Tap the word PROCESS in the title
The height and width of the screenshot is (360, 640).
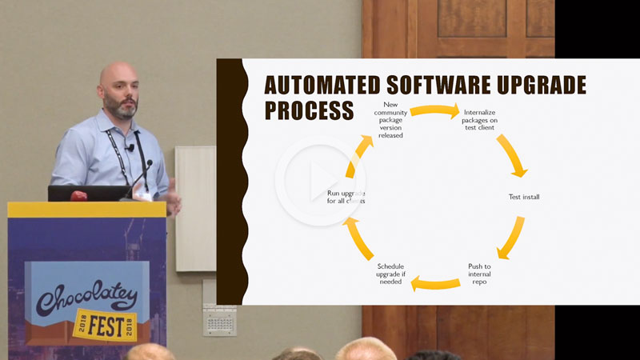pyautogui.click(x=309, y=110)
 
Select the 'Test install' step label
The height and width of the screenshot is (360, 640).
pyautogui.click(x=524, y=197)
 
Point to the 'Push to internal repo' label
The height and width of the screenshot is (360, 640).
pyautogui.click(x=479, y=274)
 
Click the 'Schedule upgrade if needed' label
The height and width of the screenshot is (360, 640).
pyautogui.click(x=390, y=274)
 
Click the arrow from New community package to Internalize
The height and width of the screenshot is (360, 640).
pyautogui.click(x=435, y=110)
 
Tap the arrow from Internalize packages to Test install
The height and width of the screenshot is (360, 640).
pyautogui.click(x=512, y=154)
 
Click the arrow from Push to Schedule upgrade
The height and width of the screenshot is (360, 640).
pyautogui.click(x=435, y=282)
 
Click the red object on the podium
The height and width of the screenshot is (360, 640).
pyautogui.click(x=78, y=195)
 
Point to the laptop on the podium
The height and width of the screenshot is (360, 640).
pyautogui.click(x=88, y=193)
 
